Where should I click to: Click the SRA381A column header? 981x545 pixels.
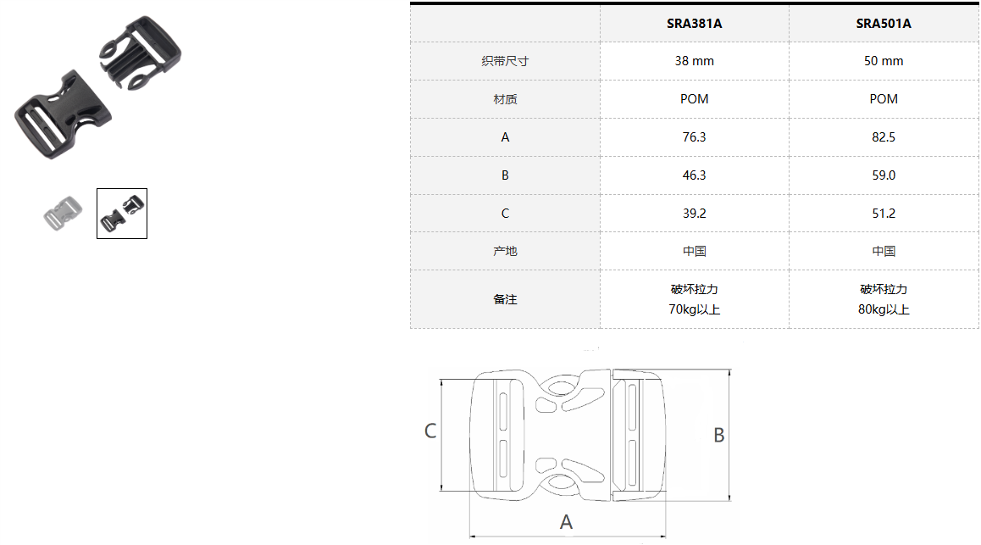pyautogui.click(x=694, y=24)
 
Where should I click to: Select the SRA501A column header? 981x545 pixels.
pyautogui.click(x=884, y=24)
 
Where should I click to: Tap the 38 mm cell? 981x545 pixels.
pyautogui.click(x=694, y=61)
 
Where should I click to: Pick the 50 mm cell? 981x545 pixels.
pyautogui.click(x=884, y=61)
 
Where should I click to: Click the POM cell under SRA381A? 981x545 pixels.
pyautogui.click(x=694, y=99)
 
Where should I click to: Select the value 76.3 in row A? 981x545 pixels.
pyautogui.click(x=694, y=137)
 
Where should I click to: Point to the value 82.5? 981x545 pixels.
pyautogui.click(x=884, y=137)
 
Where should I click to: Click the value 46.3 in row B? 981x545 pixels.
pyautogui.click(x=694, y=175)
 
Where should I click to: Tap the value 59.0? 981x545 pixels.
pyautogui.click(x=884, y=175)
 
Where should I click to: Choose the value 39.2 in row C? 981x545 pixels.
pyautogui.click(x=694, y=214)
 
